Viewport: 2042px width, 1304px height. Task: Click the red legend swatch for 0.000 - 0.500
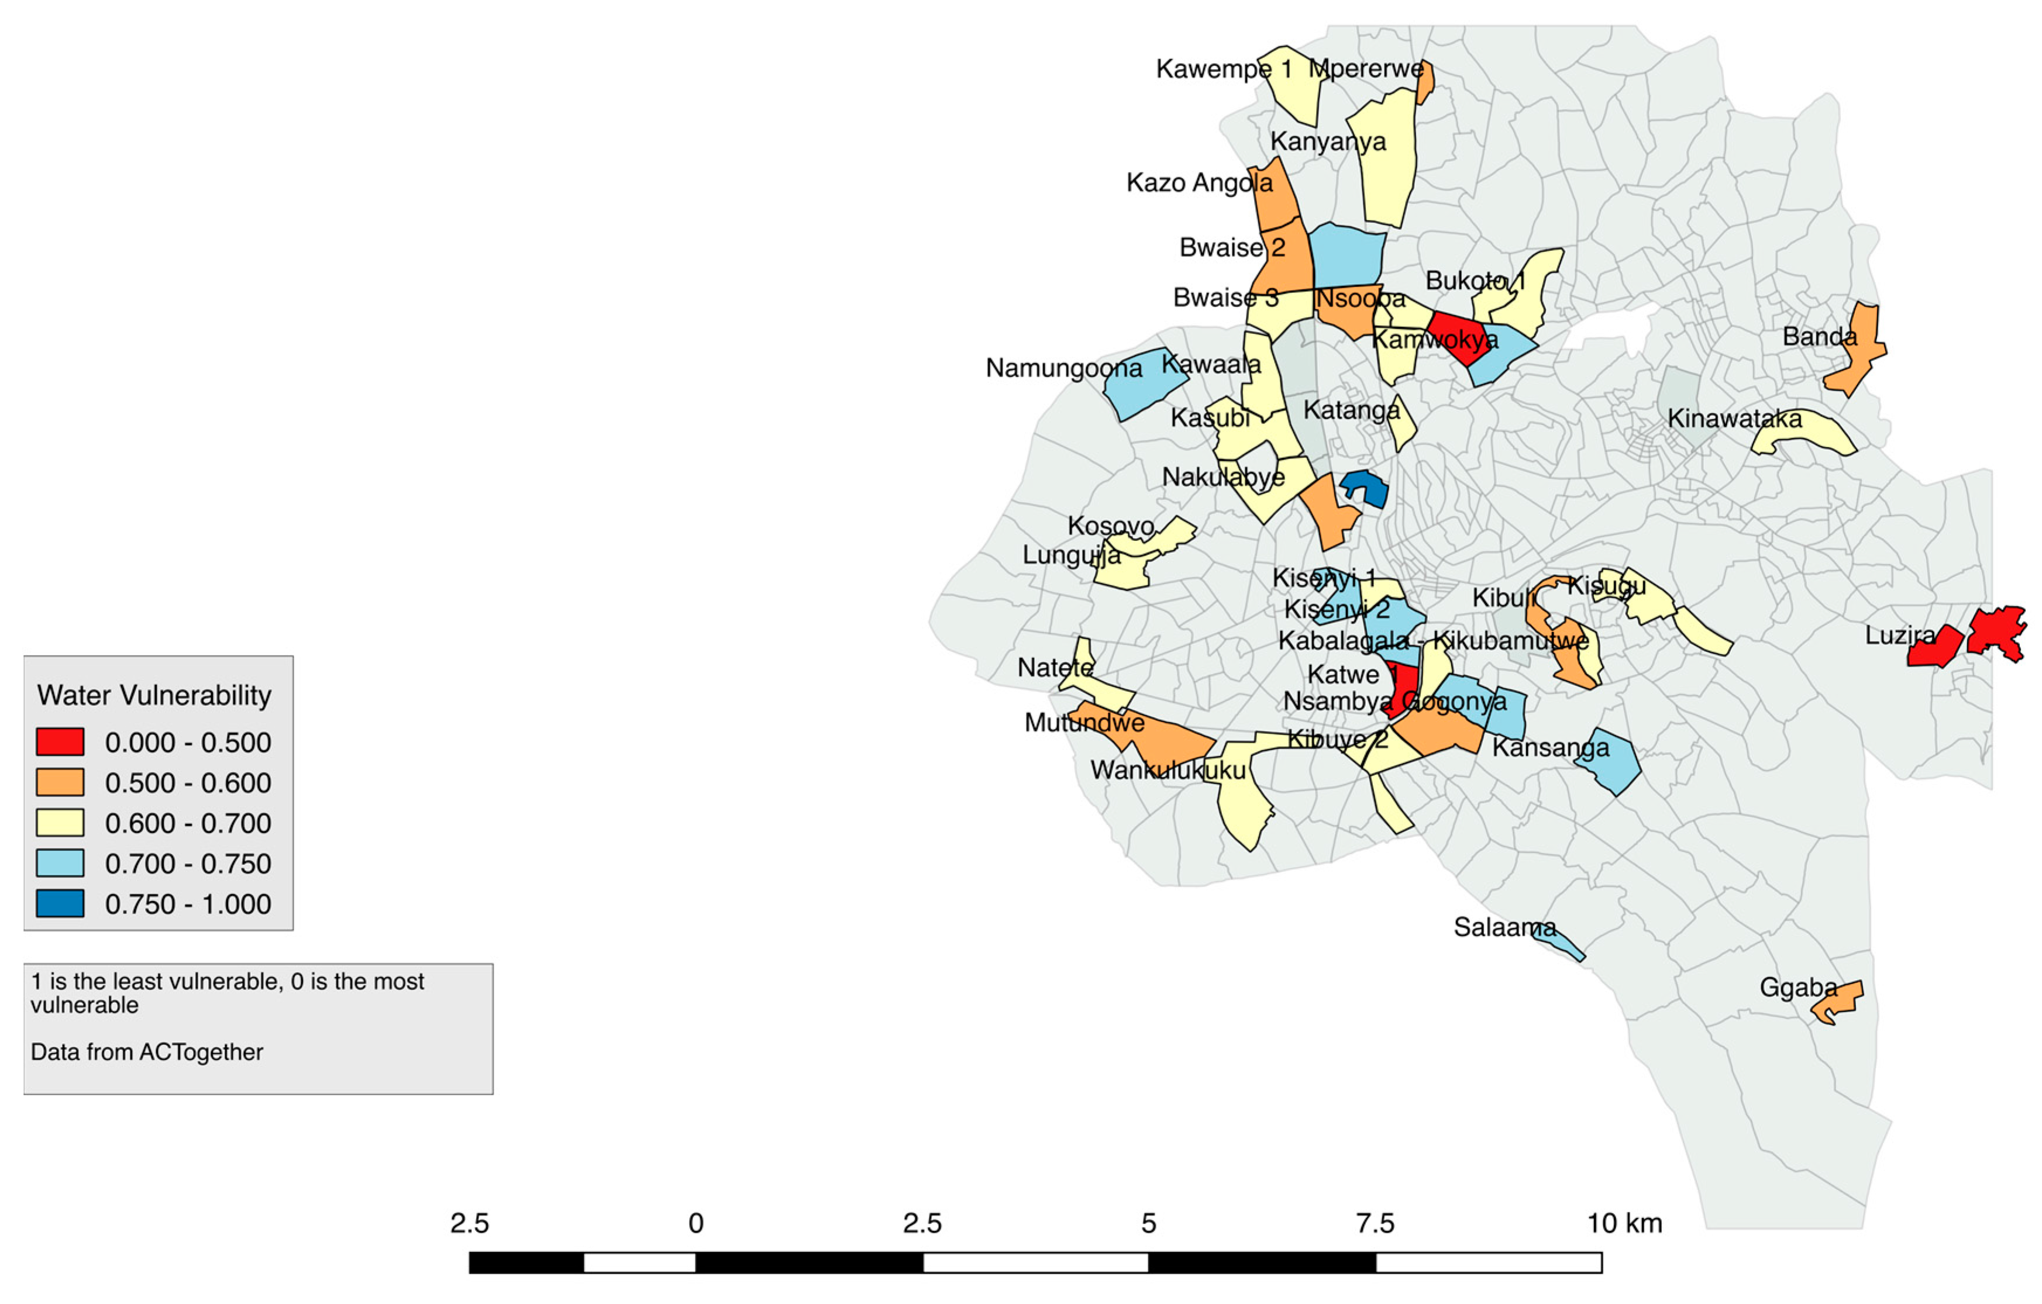point(59,742)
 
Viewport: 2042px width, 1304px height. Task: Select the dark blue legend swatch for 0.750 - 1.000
point(59,904)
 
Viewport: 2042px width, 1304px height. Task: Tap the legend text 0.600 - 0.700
point(187,823)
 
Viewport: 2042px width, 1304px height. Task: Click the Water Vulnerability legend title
point(154,695)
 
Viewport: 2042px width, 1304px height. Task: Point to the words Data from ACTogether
point(147,1052)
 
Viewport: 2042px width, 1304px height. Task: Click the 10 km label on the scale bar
point(1624,1223)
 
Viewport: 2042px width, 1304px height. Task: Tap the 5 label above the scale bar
point(1148,1223)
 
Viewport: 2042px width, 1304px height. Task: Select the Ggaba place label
point(1797,988)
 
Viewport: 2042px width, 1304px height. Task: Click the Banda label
point(1819,337)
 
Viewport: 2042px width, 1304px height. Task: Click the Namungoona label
point(1063,368)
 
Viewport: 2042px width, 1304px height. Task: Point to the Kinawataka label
point(1734,419)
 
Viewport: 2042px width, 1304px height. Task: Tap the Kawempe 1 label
point(1224,68)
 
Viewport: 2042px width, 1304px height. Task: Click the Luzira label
point(1899,635)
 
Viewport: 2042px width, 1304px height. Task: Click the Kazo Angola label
point(1199,182)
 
